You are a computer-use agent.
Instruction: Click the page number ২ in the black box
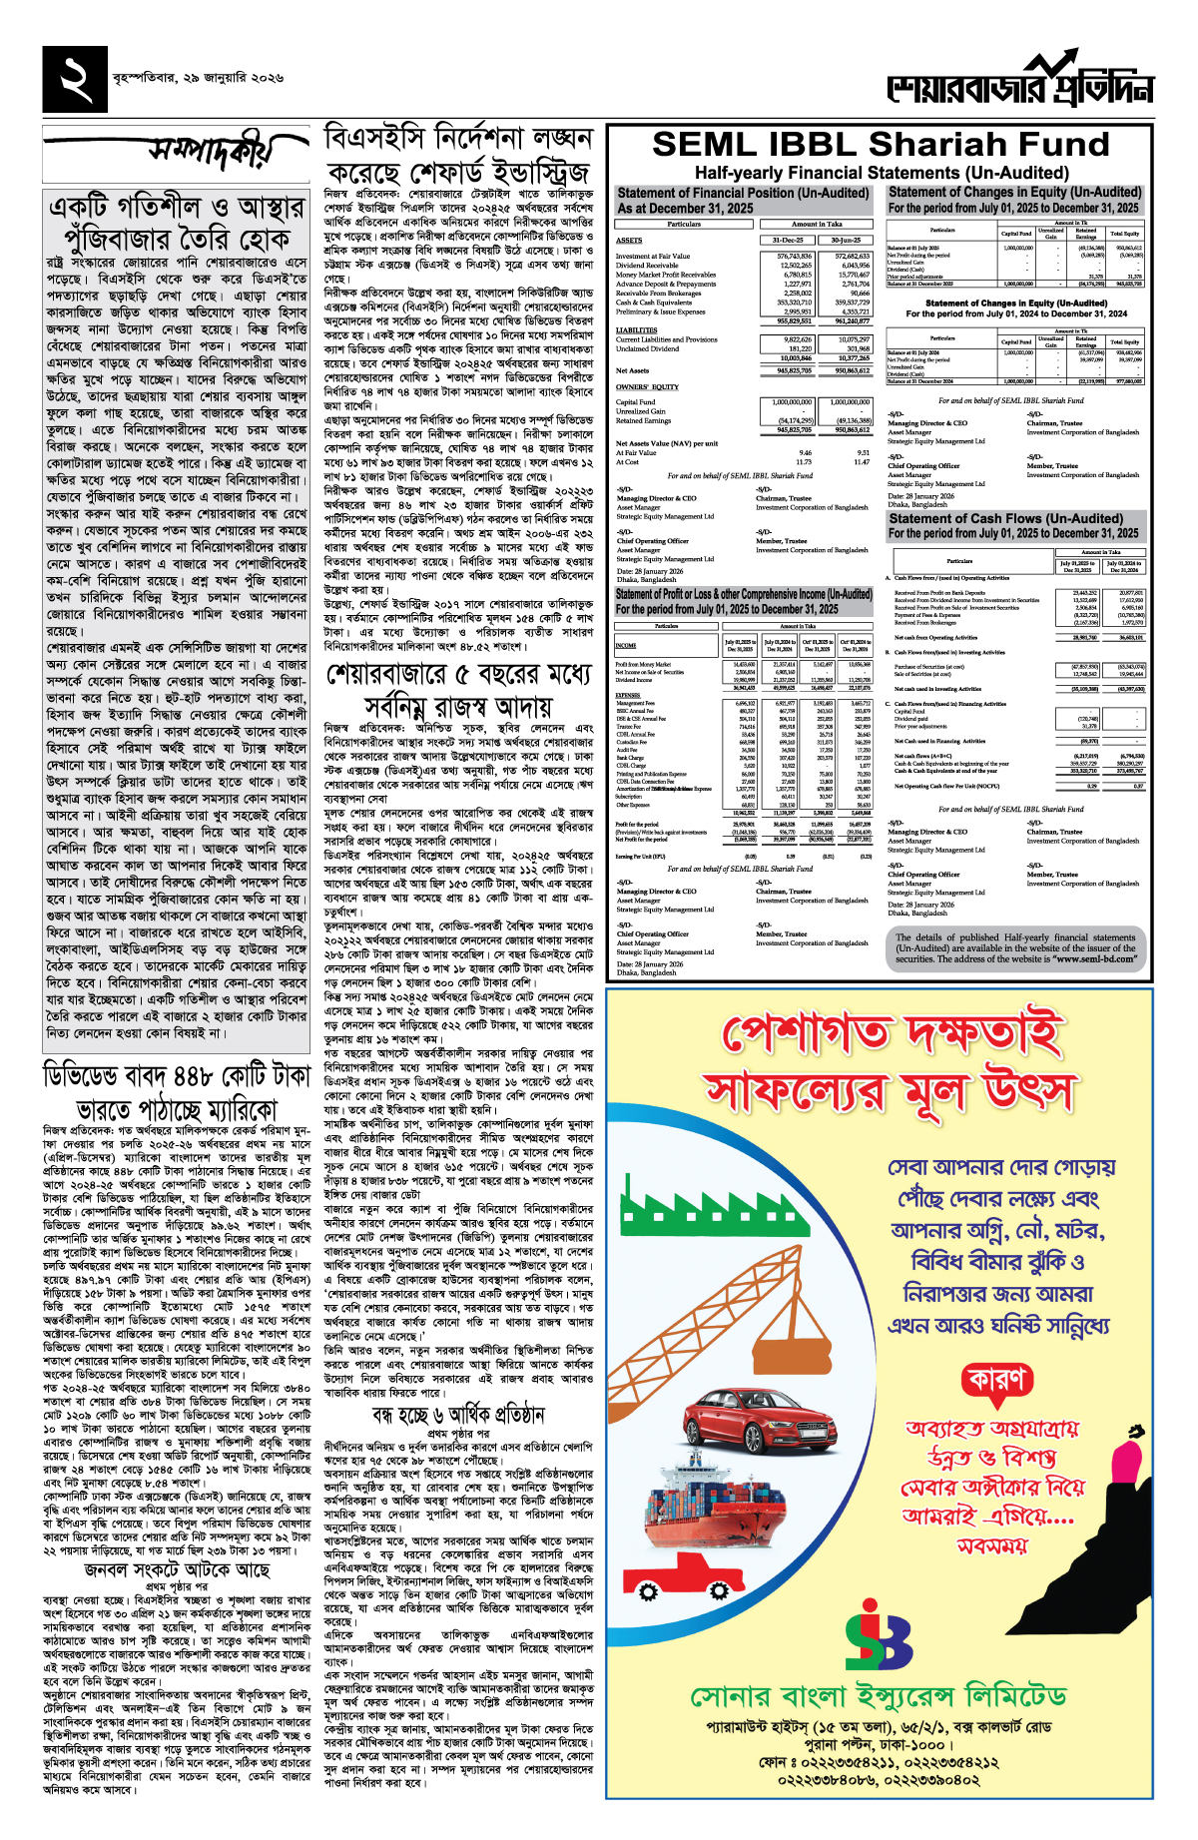click(x=75, y=78)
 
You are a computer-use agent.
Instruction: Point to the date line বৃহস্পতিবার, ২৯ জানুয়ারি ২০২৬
click(x=198, y=77)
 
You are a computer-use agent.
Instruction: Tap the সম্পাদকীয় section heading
click(x=208, y=151)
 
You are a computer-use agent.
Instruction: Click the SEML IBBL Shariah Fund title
click(x=881, y=145)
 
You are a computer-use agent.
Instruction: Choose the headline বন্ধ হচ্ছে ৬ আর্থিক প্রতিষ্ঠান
click(x=458, y=1415)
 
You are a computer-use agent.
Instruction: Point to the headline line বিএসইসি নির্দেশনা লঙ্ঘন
click(x=458, y=138)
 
